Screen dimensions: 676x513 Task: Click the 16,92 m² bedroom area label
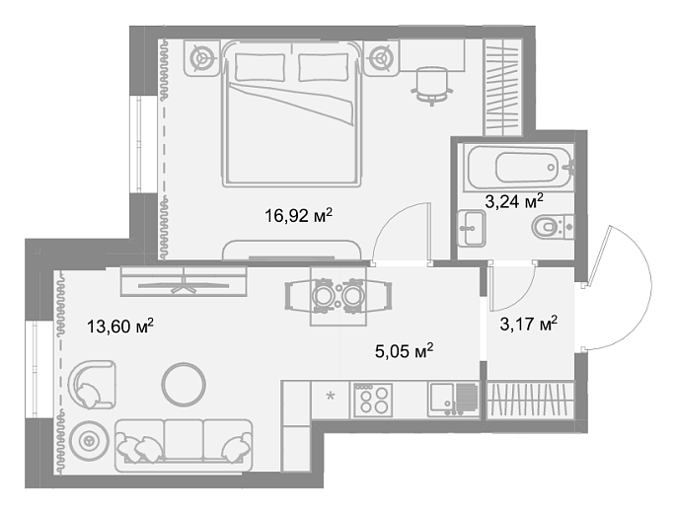pos(299,215)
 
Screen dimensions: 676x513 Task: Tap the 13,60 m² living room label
pos(120,326)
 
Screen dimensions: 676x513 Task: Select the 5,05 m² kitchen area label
pos(404,351)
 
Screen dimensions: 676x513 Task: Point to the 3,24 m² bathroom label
pos(514,201)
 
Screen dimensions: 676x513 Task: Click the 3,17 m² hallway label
pos(529,323)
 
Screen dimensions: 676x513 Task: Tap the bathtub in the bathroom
pos(519,169)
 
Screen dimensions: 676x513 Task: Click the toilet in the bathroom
pos(553,226)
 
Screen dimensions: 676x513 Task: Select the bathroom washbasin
pos(472,229)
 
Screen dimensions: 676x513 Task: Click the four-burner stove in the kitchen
pos(372,401)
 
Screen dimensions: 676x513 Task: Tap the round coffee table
pos(184,384)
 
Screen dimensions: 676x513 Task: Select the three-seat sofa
pos(184,445)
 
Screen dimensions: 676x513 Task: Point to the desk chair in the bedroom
pos(432,86)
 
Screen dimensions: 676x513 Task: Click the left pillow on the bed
pos(261,67)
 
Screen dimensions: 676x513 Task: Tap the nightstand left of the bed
pos(202,58)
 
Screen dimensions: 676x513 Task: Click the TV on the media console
pos(185,285)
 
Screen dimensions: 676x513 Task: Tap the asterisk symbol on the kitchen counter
pos(331,396)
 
